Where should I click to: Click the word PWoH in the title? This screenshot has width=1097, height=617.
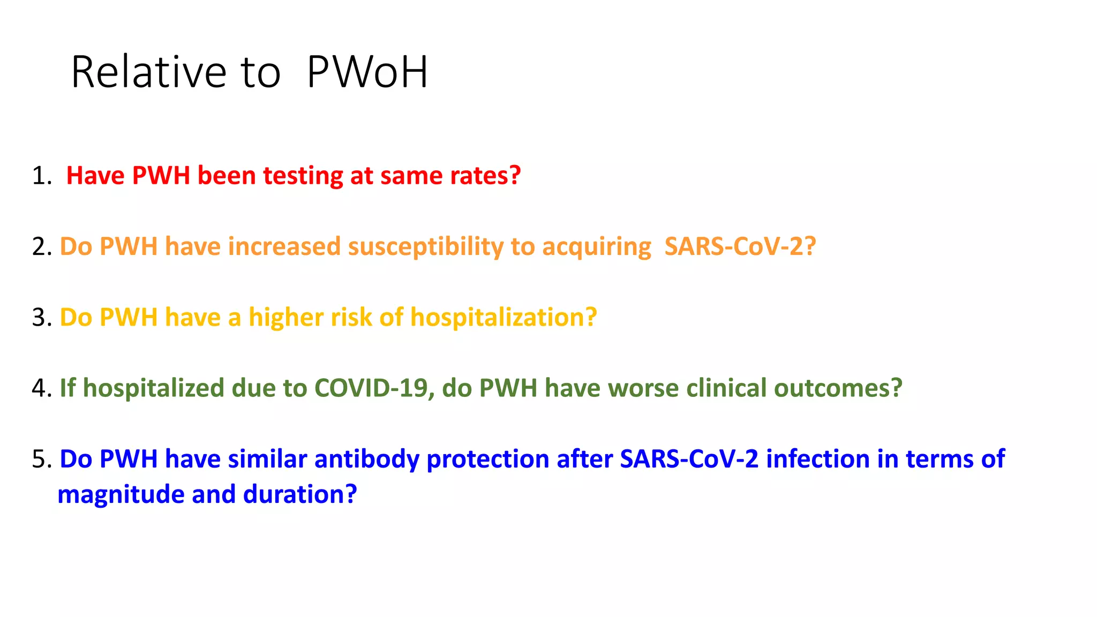(367, 72)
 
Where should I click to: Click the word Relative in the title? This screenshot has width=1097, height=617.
(149, 72)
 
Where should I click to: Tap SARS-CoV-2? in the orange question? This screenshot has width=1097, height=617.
(740, 247)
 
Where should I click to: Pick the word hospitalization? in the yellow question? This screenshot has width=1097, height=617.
(504, 318)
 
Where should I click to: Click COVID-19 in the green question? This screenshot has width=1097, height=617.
(374, 388)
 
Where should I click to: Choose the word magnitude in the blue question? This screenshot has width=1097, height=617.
(121, 494)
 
